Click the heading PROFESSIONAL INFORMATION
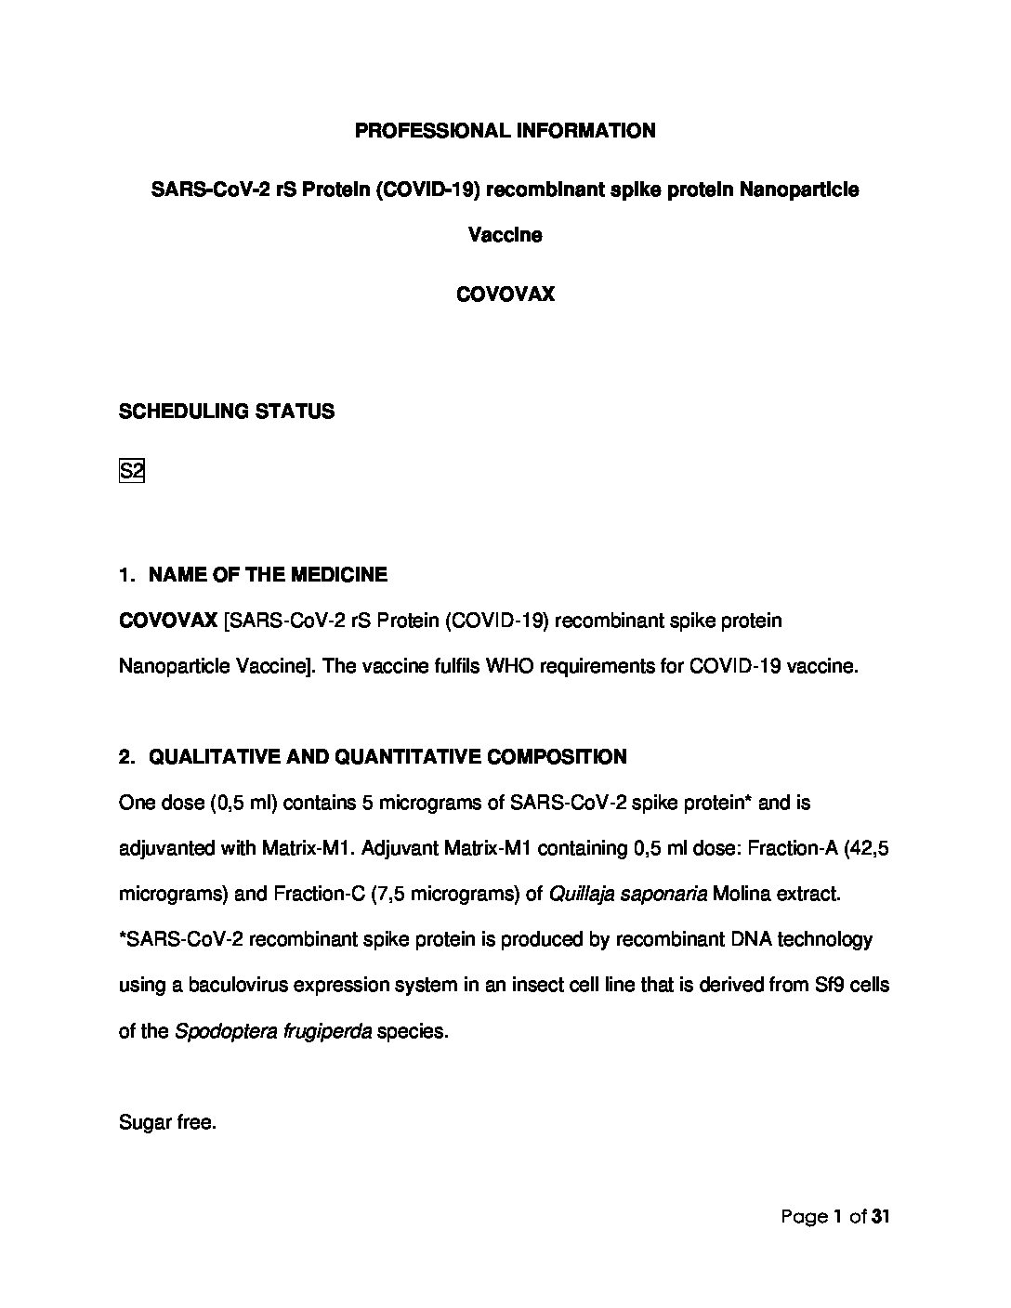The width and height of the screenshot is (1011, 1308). pyautogui.click(x=505, y=131)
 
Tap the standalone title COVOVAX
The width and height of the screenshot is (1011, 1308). pyautogui.click(x=505, y=294)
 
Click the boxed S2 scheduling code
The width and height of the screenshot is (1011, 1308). pyautogui.click(x=132, y=471)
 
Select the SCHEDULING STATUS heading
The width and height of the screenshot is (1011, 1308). pyautogui.click(x=226, y=412)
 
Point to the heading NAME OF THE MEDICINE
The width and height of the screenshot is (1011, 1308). pyautogui.click(x=268, y=575)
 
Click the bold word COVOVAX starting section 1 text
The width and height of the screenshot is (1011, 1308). pyautogui.click(x=168, y=621)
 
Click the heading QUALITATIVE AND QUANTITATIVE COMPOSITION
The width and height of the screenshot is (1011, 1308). pyautogui.click(x=387, y=757)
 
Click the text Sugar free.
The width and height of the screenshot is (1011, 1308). pyautogui.click(x=167, y=1122)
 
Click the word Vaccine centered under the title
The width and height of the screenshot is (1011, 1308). pyautogui.click(x=505, y=235)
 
